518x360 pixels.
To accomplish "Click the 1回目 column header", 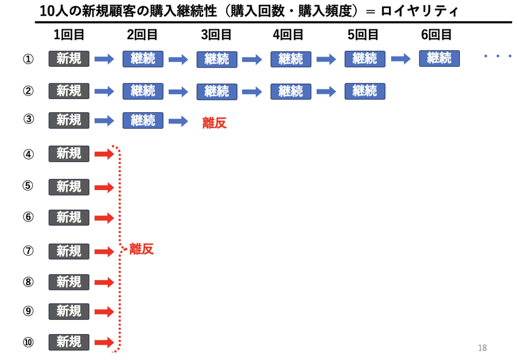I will coord(69,35).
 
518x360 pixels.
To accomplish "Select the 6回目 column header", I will coord(437,35).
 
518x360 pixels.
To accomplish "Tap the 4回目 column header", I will coord(288,35).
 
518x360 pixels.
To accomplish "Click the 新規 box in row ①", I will coord(69,59).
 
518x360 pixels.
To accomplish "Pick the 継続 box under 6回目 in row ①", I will coord(439,58).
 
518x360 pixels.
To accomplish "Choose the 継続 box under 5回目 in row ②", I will coord(365,91).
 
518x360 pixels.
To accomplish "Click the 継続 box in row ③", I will coord(143,120).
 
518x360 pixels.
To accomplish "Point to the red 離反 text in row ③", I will coord(214,123).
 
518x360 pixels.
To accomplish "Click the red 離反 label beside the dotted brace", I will coord(142,249).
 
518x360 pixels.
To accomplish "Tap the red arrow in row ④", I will coord(104,154).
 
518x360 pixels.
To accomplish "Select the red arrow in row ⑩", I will coord(104,342).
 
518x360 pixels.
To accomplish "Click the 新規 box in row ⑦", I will coord(69,251).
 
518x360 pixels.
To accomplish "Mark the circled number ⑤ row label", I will coord(28,186).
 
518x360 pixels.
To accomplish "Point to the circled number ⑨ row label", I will coord(28,312).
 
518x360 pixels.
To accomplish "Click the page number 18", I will coord(482,348).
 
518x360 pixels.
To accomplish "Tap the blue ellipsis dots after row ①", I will coord(498,56).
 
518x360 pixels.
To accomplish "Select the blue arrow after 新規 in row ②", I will coord(104,91).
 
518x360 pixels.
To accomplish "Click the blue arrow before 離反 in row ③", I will coord(178,121).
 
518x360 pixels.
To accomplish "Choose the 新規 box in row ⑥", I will coord(69,217).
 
